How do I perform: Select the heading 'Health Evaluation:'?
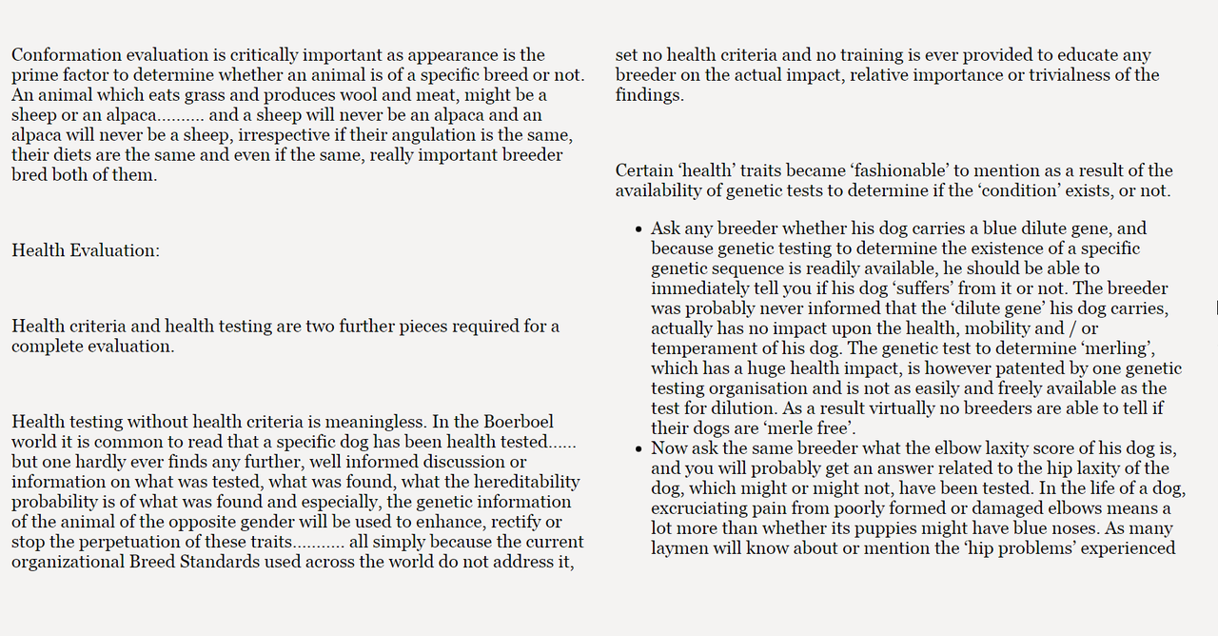tap(86, 250)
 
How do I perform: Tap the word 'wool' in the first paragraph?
tap(360, 95)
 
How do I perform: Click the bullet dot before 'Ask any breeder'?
tap(638, 229)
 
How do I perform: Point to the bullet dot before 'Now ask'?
tap(638, 449)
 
